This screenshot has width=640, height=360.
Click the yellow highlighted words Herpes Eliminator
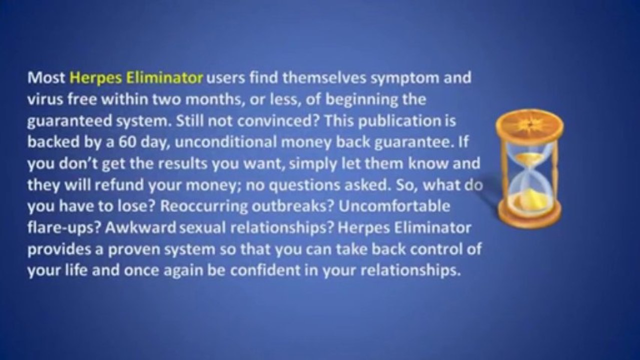tap(137, 78)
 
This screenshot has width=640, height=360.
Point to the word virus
tap(43, 99)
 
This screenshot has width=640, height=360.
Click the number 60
tap(127, 142)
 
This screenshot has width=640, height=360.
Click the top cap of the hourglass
tap(529, 125)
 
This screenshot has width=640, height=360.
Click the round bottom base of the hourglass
tap(529, 218)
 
